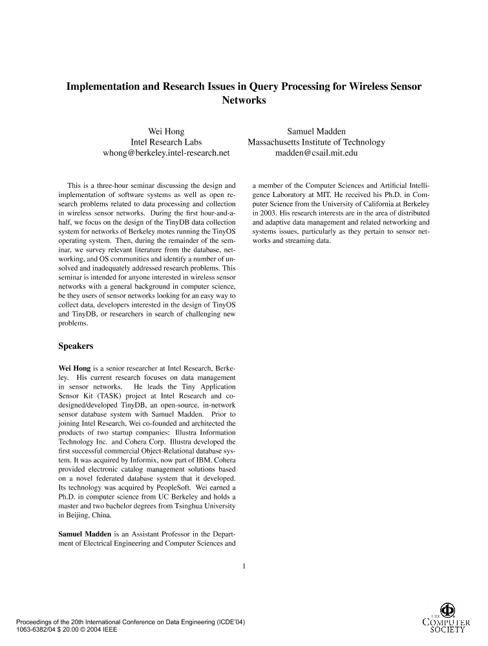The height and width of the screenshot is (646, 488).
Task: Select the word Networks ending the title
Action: point(244,101)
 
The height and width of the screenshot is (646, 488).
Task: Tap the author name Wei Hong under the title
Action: point(166,131)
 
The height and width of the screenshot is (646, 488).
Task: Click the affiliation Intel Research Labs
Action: point(166,142)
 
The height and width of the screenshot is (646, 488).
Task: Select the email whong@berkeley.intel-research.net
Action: point(166,153)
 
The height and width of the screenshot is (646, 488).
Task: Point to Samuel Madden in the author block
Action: point(316,131)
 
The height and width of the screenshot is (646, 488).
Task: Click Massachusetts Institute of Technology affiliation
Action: point(316,142)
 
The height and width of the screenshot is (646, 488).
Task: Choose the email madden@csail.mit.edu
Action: point(316,153)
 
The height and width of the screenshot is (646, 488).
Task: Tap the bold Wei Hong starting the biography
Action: point(74,368)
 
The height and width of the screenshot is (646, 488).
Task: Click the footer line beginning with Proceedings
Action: point(130,622)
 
